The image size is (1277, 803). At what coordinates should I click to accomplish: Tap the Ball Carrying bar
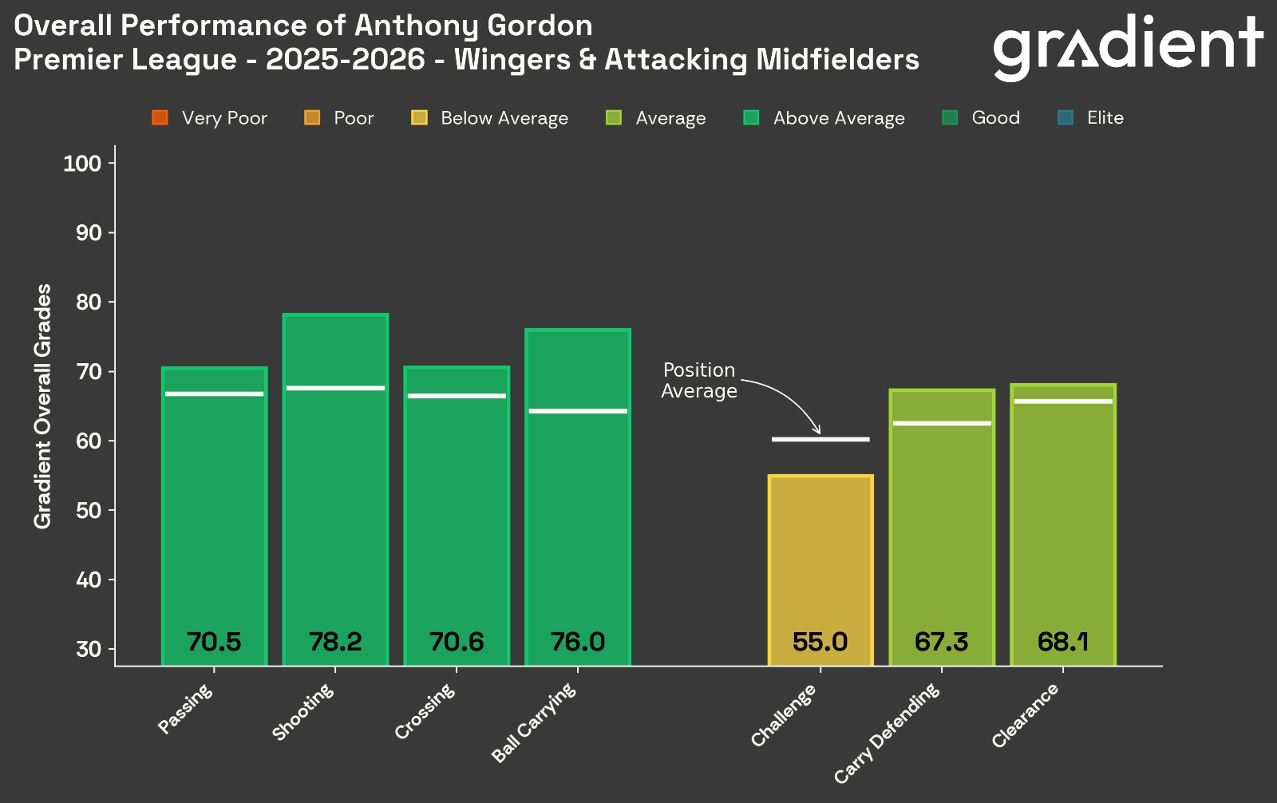tap(578, 495)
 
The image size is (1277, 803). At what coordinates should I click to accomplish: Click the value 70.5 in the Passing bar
tap(214, 642)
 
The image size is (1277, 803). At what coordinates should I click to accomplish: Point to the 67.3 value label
tap(942, 642)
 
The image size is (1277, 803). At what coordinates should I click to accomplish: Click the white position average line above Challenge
tap(820, 439)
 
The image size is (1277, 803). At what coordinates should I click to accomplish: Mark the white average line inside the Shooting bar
tap(335, 388)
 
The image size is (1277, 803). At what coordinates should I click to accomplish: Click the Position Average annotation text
tap(699, 381)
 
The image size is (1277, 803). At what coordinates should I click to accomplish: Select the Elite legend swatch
tap(1065, 118)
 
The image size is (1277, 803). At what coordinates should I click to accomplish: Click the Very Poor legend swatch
tap(160, 118)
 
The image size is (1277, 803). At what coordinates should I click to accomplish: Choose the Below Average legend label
tap(504, 118)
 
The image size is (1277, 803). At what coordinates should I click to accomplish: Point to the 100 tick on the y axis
tap(82, 164)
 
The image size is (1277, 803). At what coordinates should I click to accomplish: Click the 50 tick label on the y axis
tap(89, 510)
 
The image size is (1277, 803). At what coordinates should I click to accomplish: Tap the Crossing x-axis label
tap(425, 711)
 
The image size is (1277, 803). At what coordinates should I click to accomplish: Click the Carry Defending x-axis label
tap(888, 734)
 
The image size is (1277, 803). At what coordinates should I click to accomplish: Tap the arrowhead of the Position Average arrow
tap(816, 431)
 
